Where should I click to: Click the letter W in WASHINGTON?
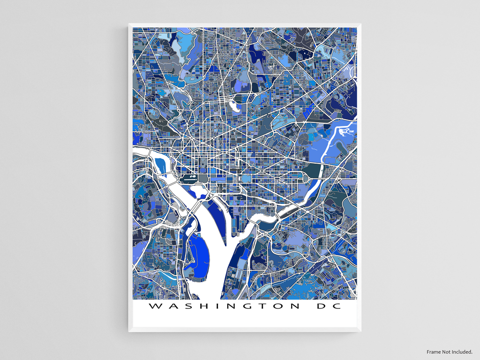click(x=154, y=307)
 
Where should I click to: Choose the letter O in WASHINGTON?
click(x=277, y=307)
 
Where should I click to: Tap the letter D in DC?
click(x=318, y=307)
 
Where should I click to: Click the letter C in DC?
click(x=334, y=307)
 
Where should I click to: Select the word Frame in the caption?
click(x=435, y=352)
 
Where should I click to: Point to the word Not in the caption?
click(x=448, y=352)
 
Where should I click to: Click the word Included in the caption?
click(x=463, y=352)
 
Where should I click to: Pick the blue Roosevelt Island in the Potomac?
click(x=160, y=165)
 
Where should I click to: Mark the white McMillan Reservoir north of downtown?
click(x=236, y=107)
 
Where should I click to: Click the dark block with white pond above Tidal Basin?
click(x=189, y=179)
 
